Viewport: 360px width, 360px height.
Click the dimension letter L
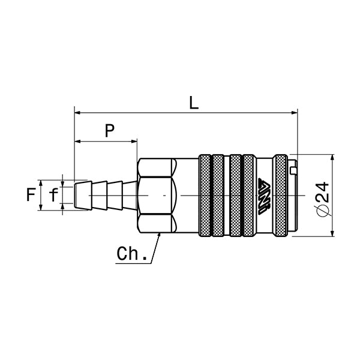[x=193, y=102]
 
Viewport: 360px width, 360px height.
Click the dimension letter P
[x=109, y=131]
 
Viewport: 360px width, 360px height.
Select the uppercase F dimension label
[x=31, y=194]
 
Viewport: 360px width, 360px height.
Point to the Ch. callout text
[x=131, y=254]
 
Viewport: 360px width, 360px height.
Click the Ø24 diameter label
[x=322, y=199]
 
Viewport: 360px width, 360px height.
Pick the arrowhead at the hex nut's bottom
[x=159, y=235]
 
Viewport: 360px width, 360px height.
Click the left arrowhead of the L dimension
[x=77, y=112]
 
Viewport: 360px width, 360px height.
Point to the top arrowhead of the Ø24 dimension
[x=332, y=157]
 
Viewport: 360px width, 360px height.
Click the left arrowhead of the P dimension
[x=77, y=142]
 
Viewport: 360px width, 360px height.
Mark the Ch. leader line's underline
[x=133, y=262]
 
